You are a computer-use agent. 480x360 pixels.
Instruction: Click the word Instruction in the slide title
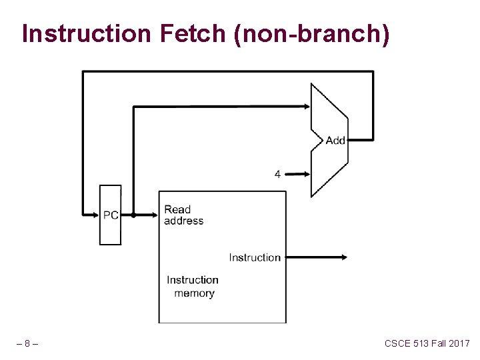click(86, 33)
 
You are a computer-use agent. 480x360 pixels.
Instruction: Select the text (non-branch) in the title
click(311, 33)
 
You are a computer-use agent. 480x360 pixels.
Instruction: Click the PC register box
click(110, 215)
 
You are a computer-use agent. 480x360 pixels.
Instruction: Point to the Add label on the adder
click(335, 140)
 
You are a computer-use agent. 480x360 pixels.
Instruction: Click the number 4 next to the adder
click(277, 174)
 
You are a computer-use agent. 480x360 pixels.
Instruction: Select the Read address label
click(183, 215)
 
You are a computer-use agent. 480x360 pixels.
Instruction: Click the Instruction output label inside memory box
click(255, 257)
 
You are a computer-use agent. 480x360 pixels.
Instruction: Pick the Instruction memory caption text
click(193, 287)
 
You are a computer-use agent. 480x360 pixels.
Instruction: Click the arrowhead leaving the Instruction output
click(343, 257)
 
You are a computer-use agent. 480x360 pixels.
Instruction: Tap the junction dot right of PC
click(133, 215)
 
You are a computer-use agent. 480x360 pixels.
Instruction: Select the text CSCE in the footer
click(398, 343)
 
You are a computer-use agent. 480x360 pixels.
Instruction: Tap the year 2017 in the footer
click(459, 343)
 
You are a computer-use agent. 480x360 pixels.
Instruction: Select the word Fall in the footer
click(441, 343)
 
